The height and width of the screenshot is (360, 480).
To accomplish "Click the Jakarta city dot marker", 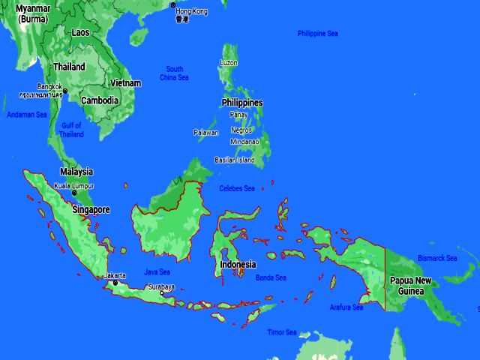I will point(115,283).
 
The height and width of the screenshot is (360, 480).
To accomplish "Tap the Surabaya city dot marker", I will point(161,293).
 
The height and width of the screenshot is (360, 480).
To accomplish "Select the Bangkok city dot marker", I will point(65,91).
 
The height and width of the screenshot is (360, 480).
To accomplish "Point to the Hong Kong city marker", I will point(173,5).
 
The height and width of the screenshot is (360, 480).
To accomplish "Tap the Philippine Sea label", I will point(317,34).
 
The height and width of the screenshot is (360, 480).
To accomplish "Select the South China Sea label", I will point(174,73).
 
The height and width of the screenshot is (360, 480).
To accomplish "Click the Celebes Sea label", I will point(237,188).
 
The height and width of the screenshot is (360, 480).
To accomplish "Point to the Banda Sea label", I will point(271,277).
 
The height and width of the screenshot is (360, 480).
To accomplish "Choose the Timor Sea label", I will point(282,332).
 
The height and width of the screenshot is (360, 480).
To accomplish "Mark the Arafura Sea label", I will point(346,307).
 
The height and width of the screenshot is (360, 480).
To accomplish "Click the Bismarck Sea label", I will point(437,258).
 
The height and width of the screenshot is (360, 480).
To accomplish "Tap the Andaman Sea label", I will point(27,115).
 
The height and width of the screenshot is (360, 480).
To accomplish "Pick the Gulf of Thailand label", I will point(72,130).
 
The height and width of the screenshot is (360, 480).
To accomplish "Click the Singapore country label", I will point(91,210).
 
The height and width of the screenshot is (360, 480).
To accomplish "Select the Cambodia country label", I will point(100,100).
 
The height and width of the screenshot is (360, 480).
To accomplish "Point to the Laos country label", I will point(80,32).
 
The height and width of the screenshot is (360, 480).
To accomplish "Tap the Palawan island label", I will point(206,133).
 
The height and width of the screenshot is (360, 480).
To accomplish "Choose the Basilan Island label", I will point(235,160).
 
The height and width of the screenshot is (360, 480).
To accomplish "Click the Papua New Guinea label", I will point(411,286).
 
